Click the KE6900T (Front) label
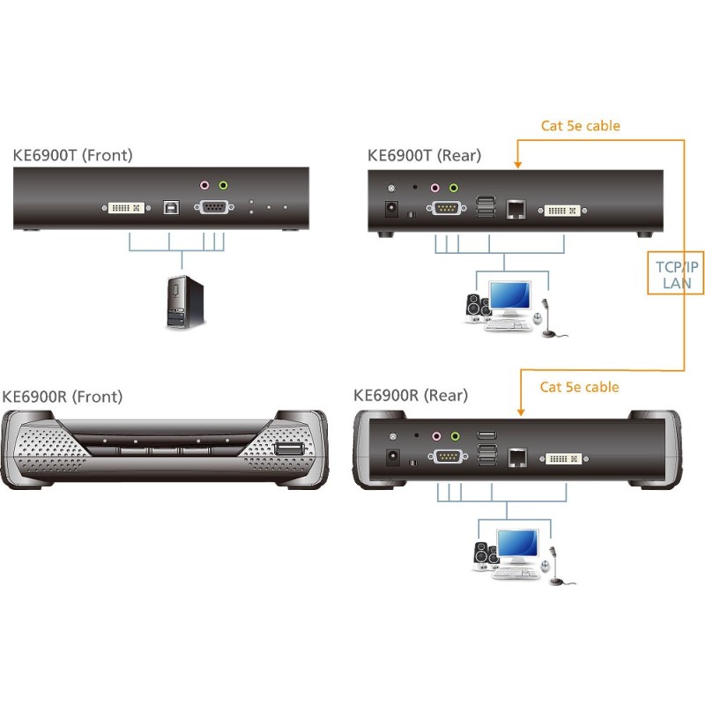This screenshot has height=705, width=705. pyautogui.click(x=72, y=156)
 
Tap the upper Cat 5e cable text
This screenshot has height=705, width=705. pyautogui.click(x=580, y=126)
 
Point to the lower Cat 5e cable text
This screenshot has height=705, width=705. pyautogui.click(x=580, y=387)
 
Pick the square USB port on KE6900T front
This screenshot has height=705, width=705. pyautogui.click(x=168, y=209)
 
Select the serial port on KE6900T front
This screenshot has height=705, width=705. pyautogui.click(x=213, y=209)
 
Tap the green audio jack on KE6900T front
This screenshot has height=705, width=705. pyautogui.click(x=223, y=186)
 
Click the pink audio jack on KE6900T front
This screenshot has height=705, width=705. pyautogui.click(x=204, y=186)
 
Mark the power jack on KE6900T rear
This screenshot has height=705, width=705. pyautogui.click(x=388, y=211)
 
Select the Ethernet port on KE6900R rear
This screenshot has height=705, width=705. pyautogui.click(x=516, y=456)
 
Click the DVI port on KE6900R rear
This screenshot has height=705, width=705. pyautogui.click(x=561, y=458)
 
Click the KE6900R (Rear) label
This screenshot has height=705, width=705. pyautogui.click(x=411, y=396)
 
